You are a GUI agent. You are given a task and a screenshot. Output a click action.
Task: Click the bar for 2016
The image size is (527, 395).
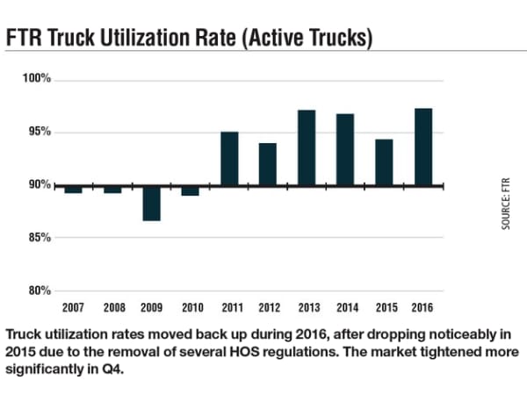pyautogui.click(x=422, y=147)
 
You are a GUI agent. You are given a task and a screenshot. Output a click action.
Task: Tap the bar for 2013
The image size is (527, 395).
pyautogui.click(x=307, y=147)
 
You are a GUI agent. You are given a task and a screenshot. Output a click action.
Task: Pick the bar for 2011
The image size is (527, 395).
pyautogui.click(x=228, y=159)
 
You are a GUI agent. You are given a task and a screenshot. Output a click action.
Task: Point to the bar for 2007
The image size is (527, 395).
pyautogui.click(x=74, y=189)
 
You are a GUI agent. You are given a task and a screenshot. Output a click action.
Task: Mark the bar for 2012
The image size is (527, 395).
pyautogui.click(x=267, y=164)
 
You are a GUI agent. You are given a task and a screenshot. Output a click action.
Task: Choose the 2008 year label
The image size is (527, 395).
pyautogui.click(x=112, y=308)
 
